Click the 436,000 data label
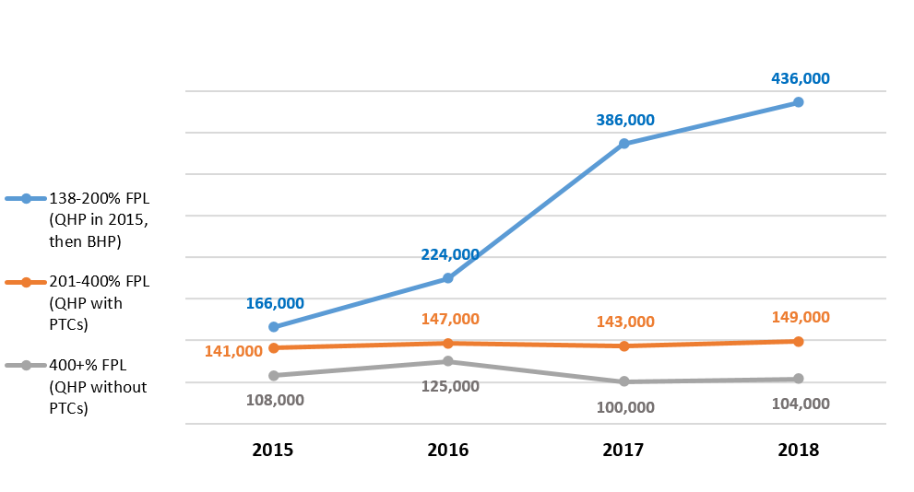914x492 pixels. (800, 78)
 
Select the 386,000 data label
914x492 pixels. (625, 120)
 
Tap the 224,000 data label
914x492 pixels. (450, 254)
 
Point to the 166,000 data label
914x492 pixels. (275, 303)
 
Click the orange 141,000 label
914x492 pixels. (233, 350)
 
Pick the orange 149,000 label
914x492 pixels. (800, 317)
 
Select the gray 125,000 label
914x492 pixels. (450, 385)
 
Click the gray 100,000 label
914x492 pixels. (625, 407)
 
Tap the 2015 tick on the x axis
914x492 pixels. (273, 451)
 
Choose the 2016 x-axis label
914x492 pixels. (448, 451)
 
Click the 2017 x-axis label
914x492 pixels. (623, 451)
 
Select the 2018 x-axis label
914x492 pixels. (799, 451)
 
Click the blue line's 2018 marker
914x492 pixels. (799, 102)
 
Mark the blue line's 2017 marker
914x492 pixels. (623, 144)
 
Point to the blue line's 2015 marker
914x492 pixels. (273, 327)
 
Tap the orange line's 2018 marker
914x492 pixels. (799, 341)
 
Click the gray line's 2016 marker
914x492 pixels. (448, 361)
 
